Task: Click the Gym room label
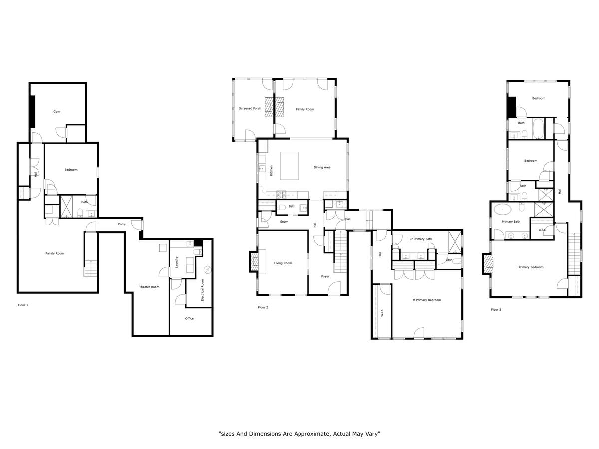57,111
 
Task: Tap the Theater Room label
149,287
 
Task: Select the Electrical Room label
202,290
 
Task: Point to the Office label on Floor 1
189,318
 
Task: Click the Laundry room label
177,262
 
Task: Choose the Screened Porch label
250,108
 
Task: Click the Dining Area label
322,168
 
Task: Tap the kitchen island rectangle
289,166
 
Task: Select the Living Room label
283,263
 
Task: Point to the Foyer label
325,276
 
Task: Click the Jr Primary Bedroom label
426,300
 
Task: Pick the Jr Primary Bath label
421,239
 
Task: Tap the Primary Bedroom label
531,267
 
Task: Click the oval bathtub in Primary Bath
502,210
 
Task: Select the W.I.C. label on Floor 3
542,230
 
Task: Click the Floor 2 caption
263,307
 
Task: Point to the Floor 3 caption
496,310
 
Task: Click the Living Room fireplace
254,262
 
